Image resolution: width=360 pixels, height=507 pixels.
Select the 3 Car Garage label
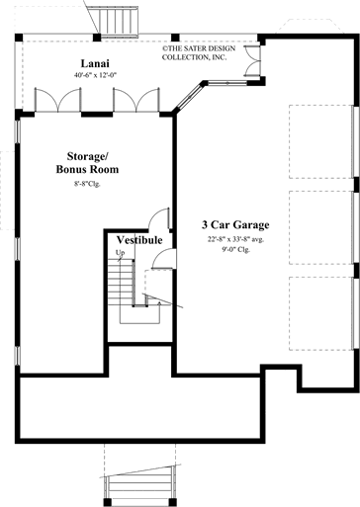pyautogui.click(x=237, y=224)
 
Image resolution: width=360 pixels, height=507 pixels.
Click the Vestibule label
pyautogui.click(x=139, y=240)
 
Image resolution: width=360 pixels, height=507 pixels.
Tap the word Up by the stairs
pyautogui.click(x=121, y=254)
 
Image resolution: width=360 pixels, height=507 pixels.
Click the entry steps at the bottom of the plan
pyautogui.click(x=137, y=485)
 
